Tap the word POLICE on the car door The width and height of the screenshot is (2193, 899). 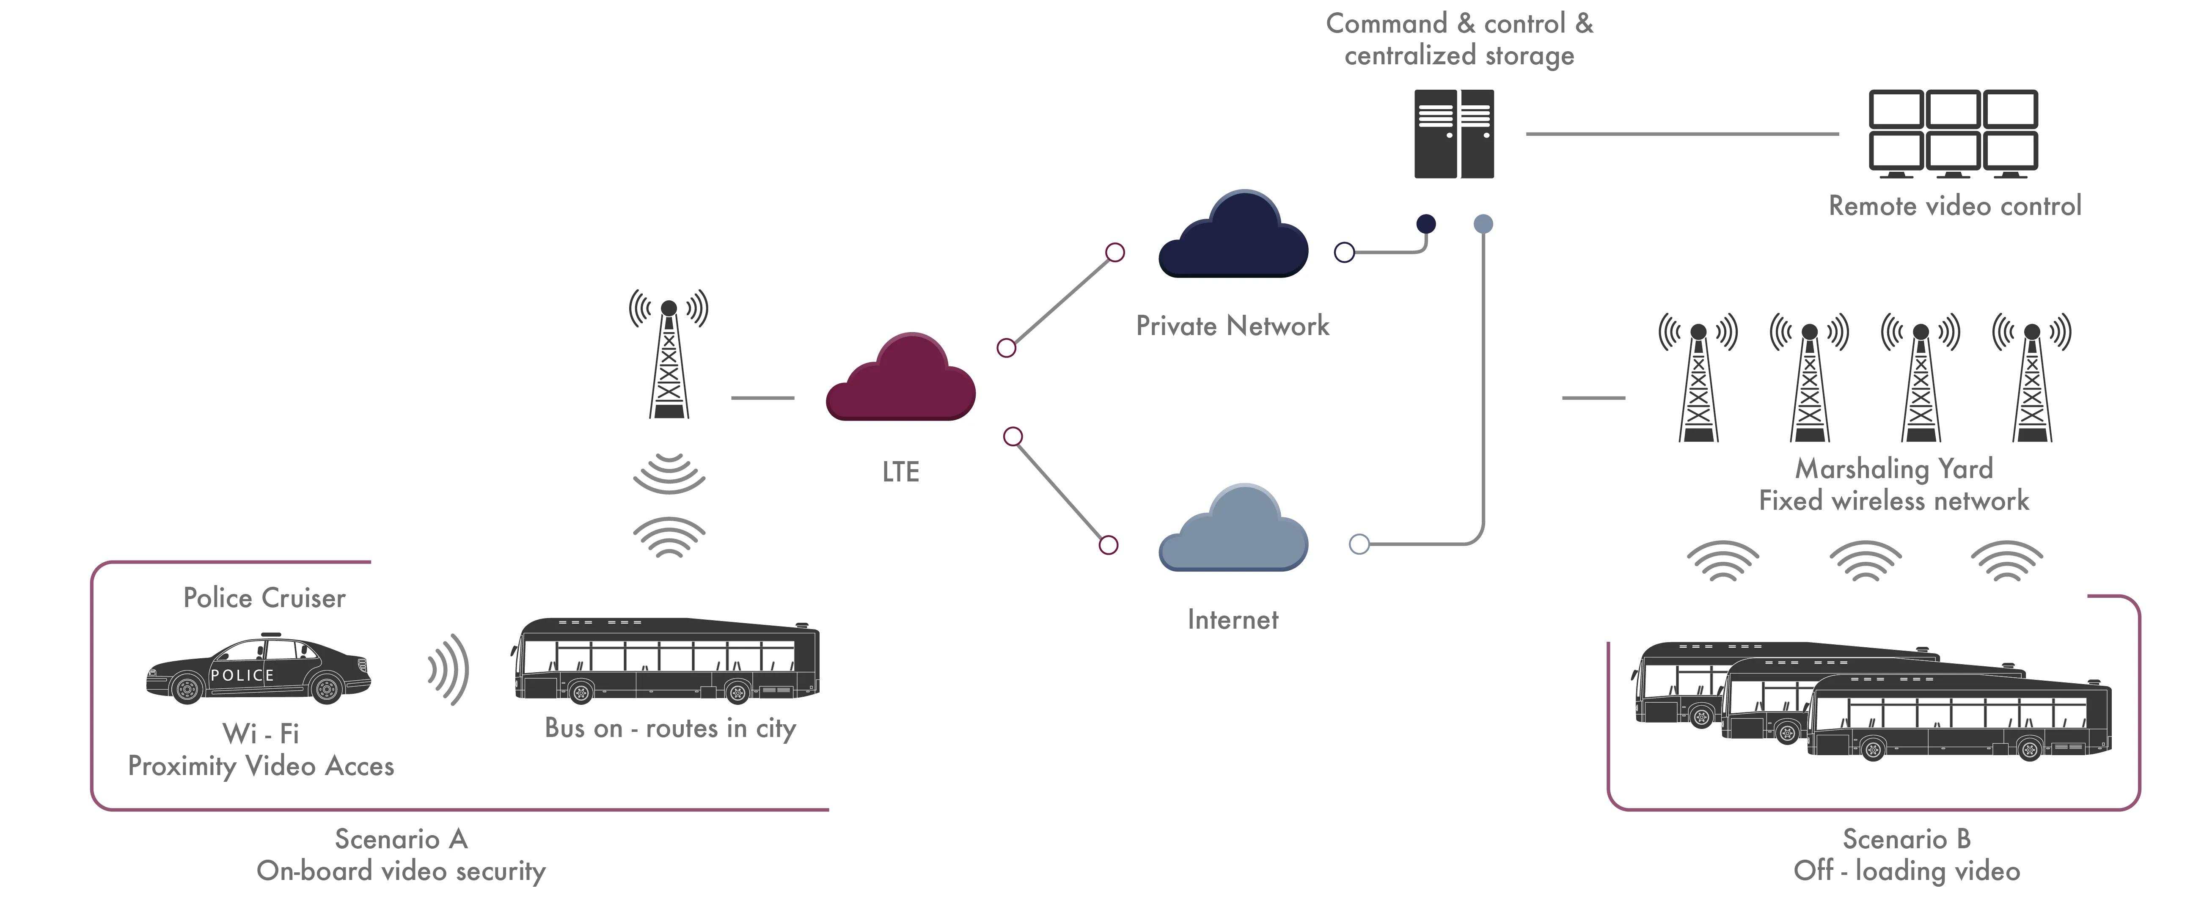[242, 675]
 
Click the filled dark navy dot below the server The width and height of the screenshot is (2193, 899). [1426, 224]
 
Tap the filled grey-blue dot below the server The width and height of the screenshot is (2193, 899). [1483, 224]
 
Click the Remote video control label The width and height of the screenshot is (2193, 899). [1955, 206]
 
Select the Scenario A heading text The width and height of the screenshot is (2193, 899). [401, 839]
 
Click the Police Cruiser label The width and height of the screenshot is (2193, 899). [265, 599]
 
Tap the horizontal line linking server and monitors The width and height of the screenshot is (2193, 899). [1681, 134]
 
